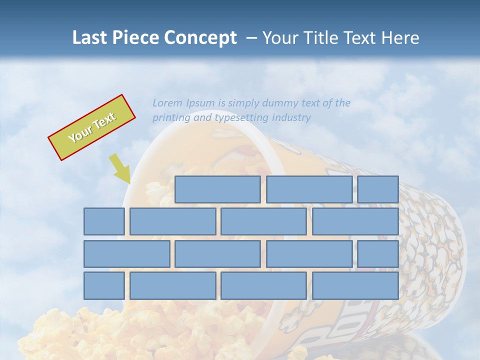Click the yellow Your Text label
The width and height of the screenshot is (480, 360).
92,127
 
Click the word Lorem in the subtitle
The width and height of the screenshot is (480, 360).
167,103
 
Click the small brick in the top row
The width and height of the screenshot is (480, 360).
378,189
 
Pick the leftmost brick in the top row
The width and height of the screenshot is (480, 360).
217,189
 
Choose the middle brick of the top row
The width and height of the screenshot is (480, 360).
309,189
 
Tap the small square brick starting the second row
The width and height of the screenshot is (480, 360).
104,221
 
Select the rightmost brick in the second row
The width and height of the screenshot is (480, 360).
355,221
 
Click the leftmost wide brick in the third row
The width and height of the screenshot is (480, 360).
126,254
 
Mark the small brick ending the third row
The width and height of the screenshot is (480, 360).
378,254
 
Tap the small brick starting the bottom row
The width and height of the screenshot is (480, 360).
104,286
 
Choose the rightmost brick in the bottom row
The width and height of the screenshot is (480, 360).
355,286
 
